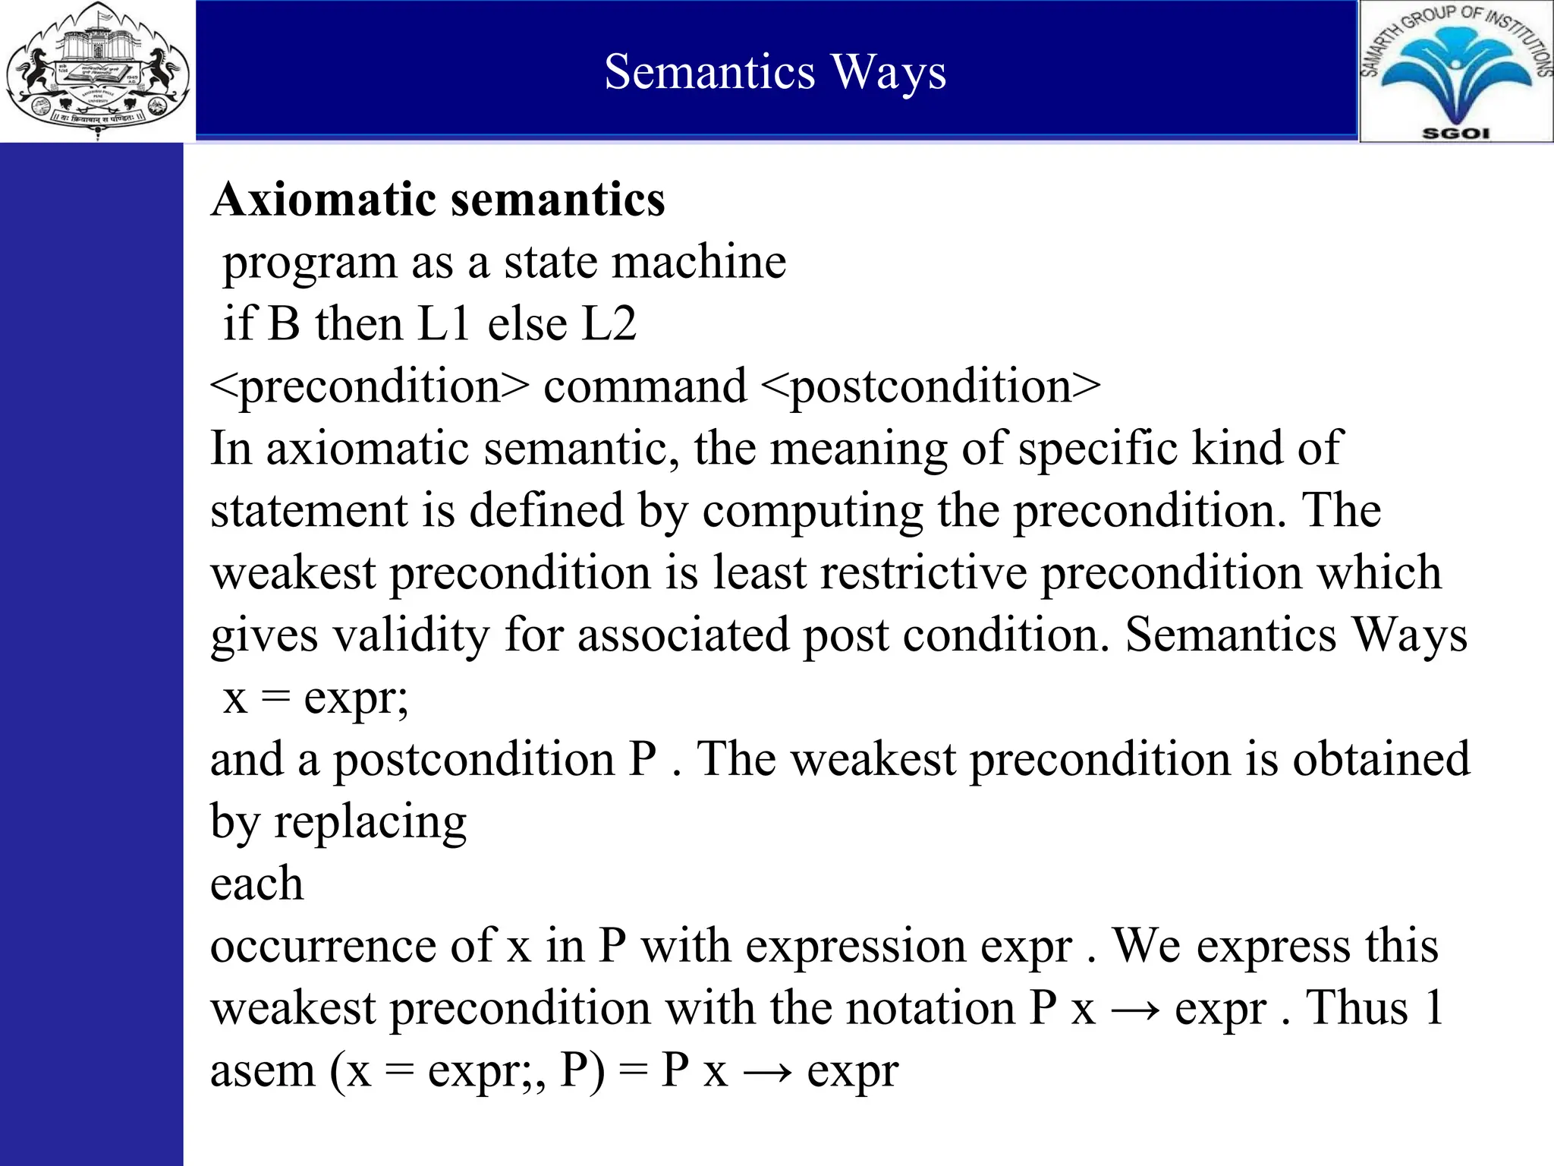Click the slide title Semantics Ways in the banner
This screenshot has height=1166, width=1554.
click(x=775, y=72)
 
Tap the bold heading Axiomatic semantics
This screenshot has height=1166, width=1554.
click(x=438, y=200)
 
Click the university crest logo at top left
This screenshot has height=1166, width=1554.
click(x=97, y=70)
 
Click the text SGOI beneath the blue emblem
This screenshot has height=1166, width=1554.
click(x=1455, y=133)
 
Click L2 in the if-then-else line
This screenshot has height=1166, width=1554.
click(x=609, y=324)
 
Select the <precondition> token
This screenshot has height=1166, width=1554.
click(x=369, y=386)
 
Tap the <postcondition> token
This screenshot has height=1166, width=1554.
click(x=930, y=386)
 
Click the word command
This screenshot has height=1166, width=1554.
click(x=645, y=386)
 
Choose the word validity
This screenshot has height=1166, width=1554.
click(x=412, y=635)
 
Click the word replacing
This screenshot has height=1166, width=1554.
click(x=370, y=822)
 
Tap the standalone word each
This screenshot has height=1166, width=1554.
click(x=256, y=884)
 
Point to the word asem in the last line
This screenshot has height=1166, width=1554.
click(x=262, y=1071)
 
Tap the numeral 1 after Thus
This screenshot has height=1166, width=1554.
click(x=1433, y=1009)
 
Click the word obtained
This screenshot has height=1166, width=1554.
click(x=1381, y=760)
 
